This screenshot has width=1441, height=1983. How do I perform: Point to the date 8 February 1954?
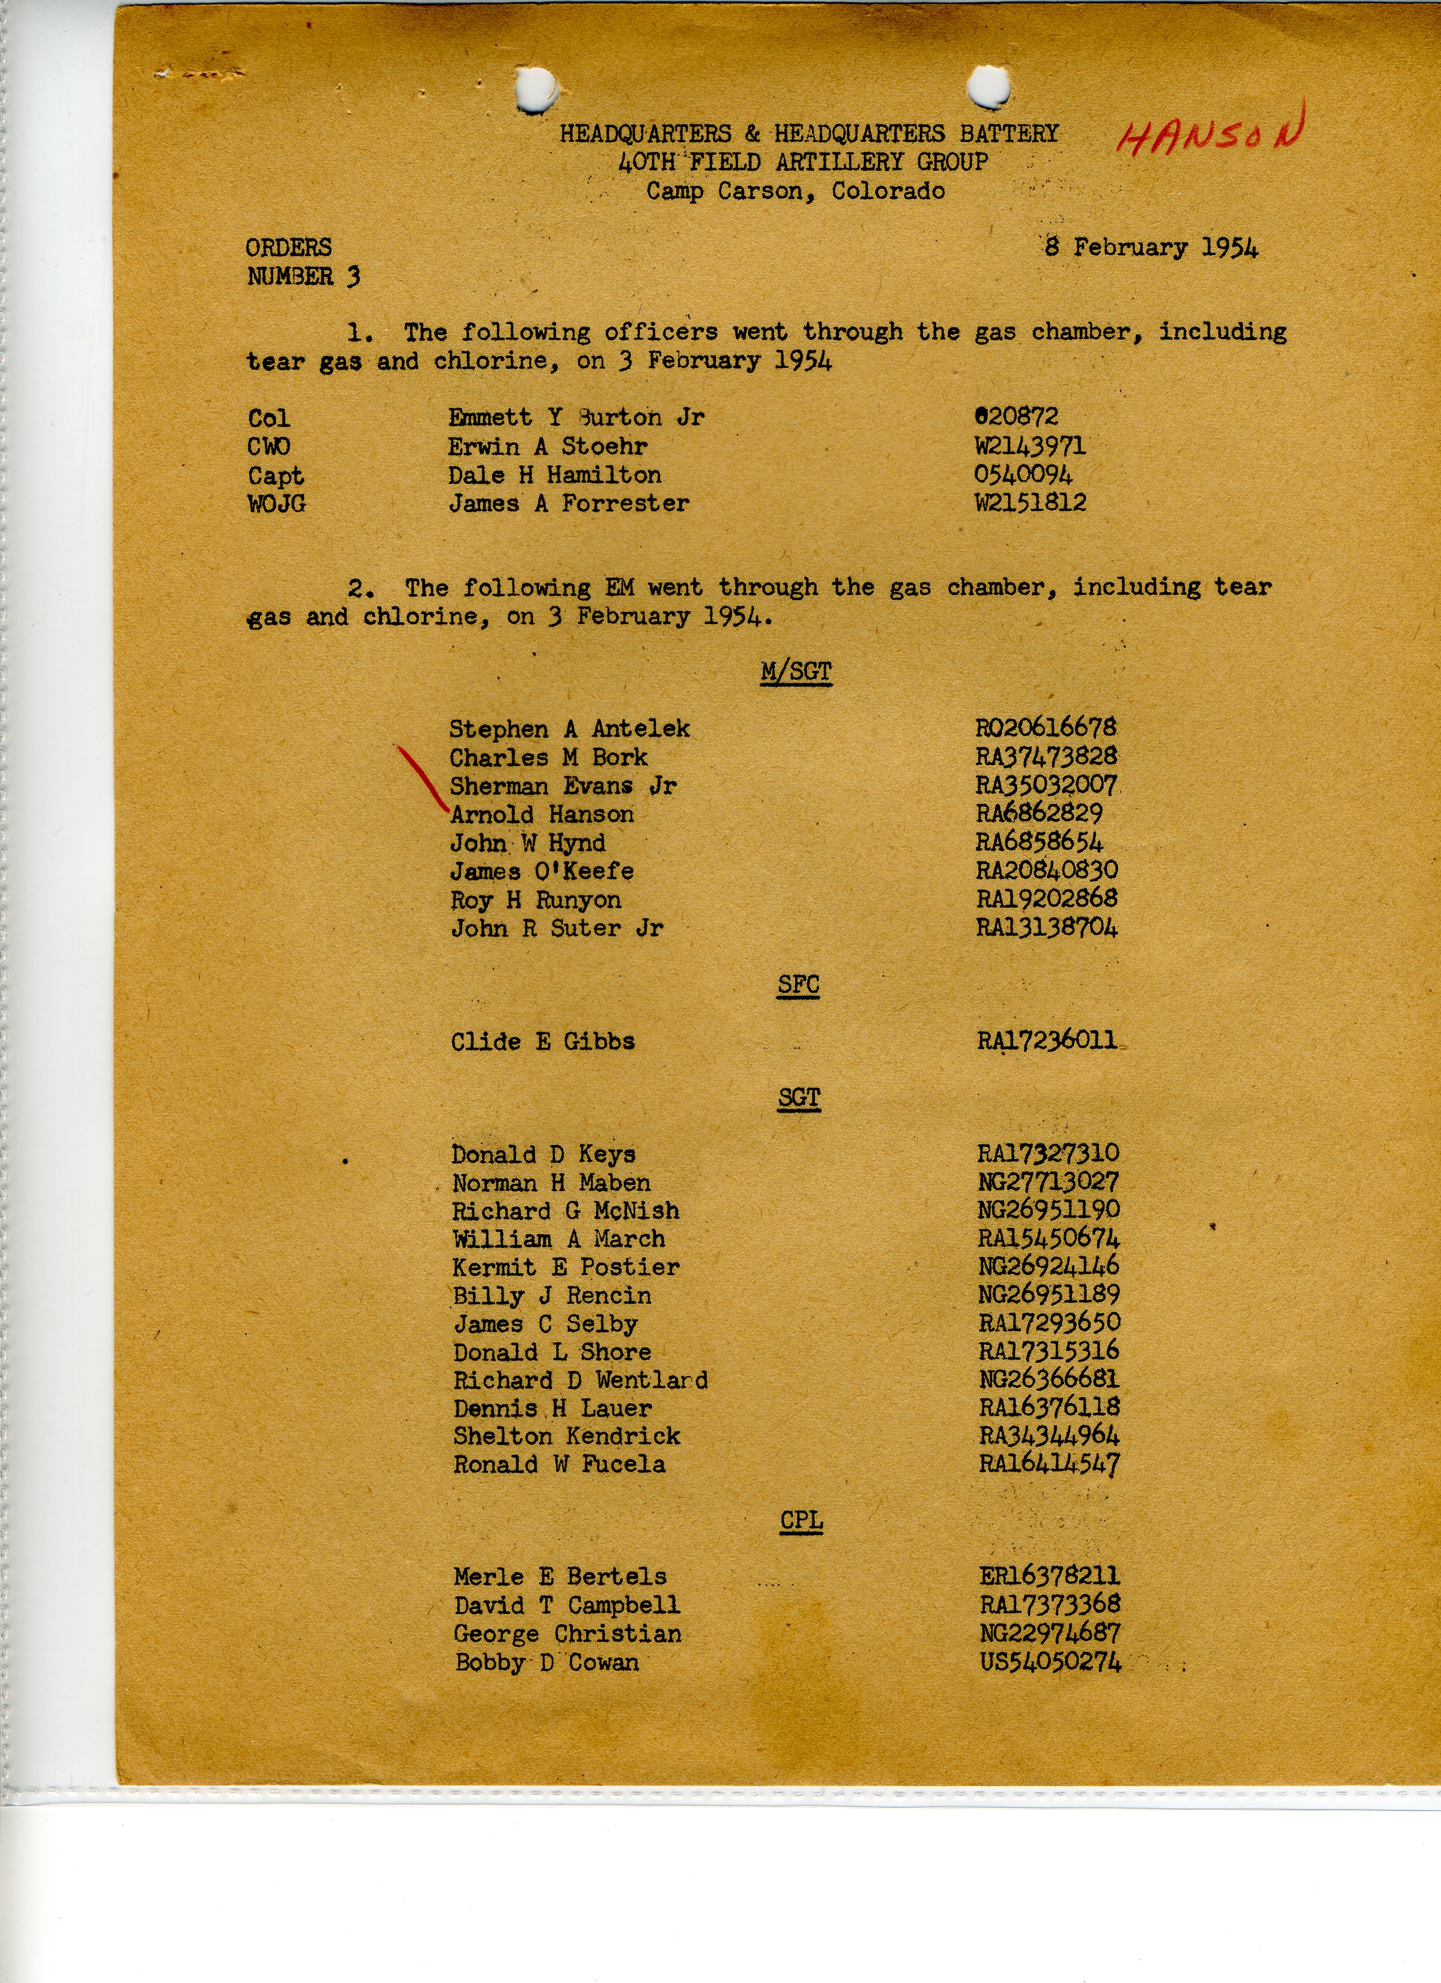click(1151, 248)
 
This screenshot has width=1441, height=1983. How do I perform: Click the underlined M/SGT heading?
click(796, 671)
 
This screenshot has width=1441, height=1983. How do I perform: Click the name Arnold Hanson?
click(542, 814)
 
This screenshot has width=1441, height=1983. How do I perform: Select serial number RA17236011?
click(1047, 1040)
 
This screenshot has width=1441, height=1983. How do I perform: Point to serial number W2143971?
click(1030, 446)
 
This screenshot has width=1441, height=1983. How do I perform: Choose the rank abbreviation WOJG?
click(276, 504)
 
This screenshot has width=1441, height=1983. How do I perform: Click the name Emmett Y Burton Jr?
click(576, 417)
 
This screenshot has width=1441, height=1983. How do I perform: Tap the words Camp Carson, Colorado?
click(796, 190)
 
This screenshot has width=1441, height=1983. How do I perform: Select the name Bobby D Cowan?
click(546, 1662)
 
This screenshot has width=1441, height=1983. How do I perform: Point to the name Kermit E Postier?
click(566, 1267)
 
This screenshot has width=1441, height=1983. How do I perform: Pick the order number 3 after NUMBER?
click(353, 277)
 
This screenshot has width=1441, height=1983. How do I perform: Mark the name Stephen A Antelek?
click(569, 729)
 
